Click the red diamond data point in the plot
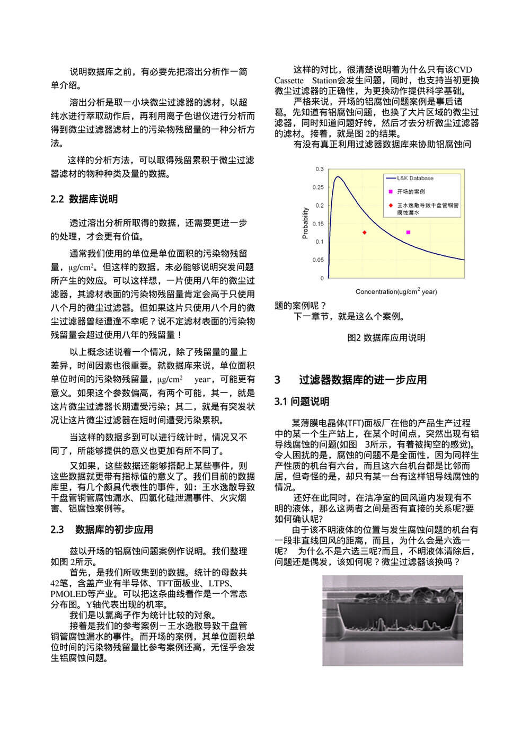click(x=364, y=232)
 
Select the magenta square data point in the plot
click(x=408, y=232)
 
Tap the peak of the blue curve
click(x=338, y=177)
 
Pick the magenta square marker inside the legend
click(x=391, y=191)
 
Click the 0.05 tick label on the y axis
click(x=318, y=260)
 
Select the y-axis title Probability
click(x=305, y=223)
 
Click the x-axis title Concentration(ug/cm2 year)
click(x=396, y=291)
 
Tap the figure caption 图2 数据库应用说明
click(x=386, y=337)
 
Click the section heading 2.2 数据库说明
click(x=84, y=199)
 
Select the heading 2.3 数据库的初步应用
click(x=102, y=530)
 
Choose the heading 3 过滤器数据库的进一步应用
click(x=351, y=380)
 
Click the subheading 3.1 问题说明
click(x=302, y=402)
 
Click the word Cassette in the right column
click(x=289, y=81)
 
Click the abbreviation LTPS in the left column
click(x=218, y=583)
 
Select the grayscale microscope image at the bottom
click(x=392, y=620)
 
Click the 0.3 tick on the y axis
click(x=320, y=169)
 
